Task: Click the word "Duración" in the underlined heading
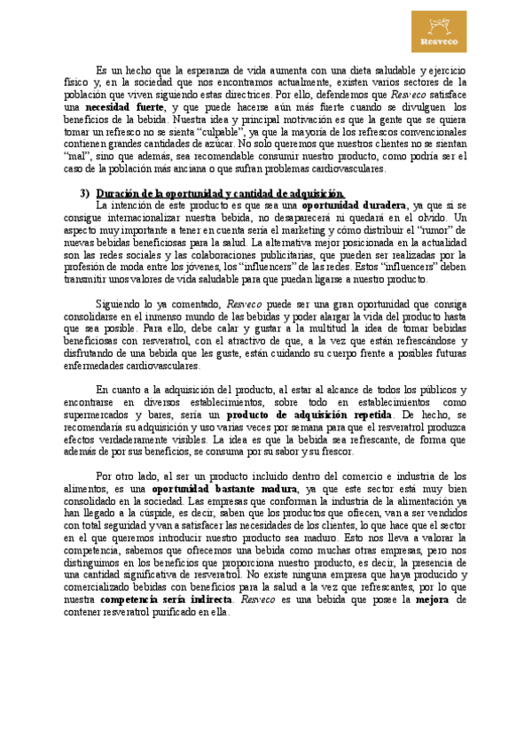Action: pyautogui.click(x=119, y=194)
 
